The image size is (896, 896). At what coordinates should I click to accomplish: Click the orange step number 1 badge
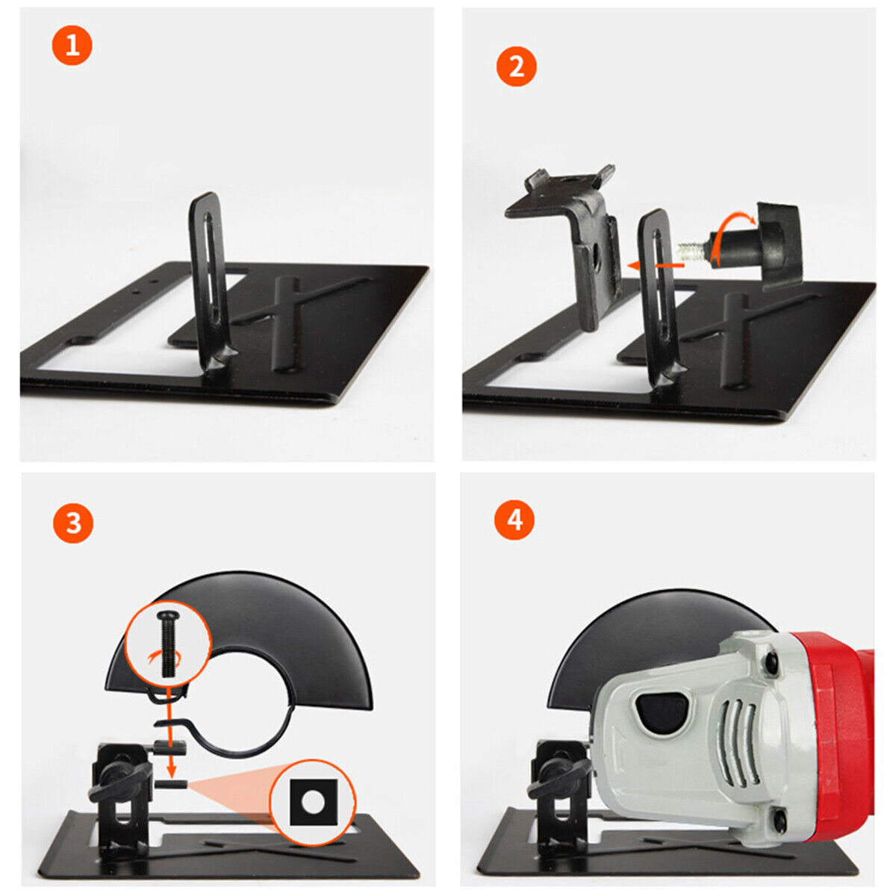click(72, 45)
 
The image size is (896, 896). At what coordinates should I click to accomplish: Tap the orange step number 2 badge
click(516, 66)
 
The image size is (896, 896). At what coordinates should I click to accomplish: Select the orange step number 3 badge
click(73, 523)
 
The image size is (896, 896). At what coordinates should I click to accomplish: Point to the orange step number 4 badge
click(514, 520)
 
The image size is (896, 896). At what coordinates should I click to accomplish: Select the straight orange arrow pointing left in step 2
click(655, 266)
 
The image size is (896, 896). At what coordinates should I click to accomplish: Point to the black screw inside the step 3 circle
click(166, 644)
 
